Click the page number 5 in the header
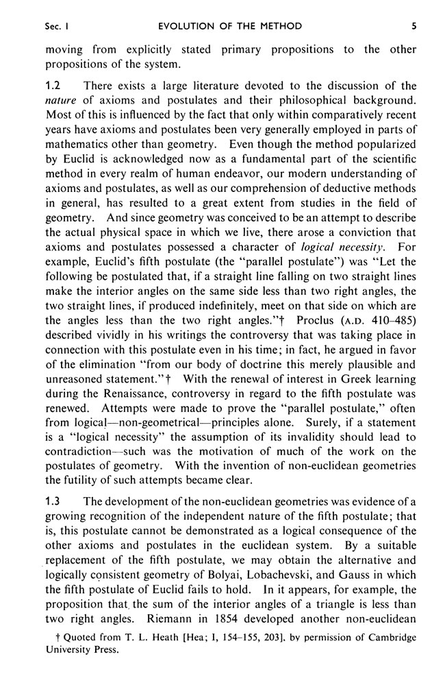click(414, 26)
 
